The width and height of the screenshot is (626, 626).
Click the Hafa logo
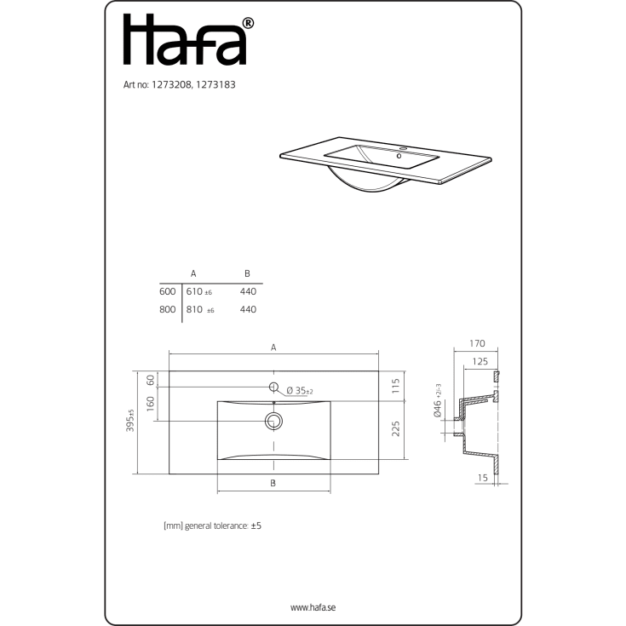click(188, 39)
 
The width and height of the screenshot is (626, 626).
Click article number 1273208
click(172, 84)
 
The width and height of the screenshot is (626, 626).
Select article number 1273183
click(215, 84)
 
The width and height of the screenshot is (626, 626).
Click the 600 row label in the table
click(167, 291)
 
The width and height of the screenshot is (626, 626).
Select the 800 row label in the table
click(167, 309)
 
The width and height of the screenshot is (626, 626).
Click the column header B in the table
click(247, 273)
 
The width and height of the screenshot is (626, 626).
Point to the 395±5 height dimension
click(130, 421)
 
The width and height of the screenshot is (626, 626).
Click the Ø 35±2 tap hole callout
click(300, 390)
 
